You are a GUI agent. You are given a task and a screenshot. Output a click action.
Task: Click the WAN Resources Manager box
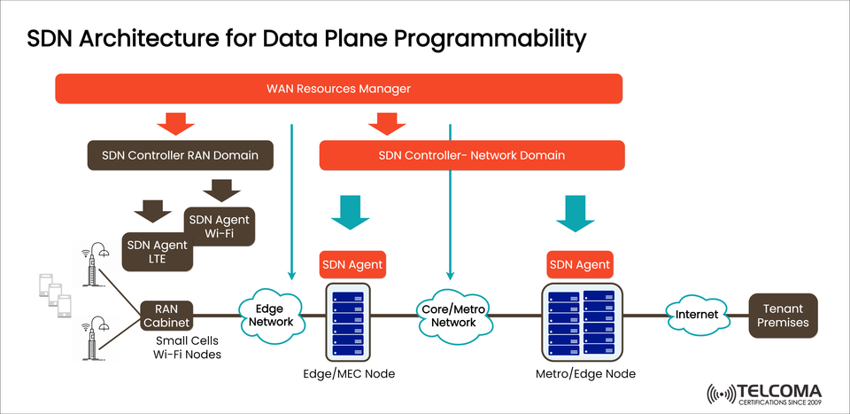pos(338,89)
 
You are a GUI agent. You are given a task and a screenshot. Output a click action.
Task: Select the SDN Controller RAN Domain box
pos(180,155)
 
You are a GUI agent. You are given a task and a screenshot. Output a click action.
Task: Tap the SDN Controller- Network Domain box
pos(471,155)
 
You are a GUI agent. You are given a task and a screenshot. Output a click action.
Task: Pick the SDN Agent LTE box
pos(156,252)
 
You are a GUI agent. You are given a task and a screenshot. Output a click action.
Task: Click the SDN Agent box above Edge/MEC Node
pos(352,264)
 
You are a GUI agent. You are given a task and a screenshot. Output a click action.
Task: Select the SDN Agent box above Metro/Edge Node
pos(580,264)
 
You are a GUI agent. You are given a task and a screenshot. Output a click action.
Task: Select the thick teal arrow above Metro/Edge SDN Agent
pos(580,213)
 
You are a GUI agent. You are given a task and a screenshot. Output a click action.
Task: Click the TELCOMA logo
pos(764,393)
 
